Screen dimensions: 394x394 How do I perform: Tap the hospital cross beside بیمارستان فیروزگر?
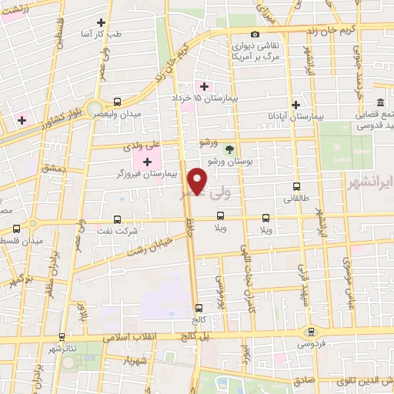point(147,161)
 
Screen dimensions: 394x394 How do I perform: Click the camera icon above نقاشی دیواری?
point(255,34)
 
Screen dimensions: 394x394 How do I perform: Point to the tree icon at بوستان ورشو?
point(229,149)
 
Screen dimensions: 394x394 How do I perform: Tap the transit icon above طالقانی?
point(297,185)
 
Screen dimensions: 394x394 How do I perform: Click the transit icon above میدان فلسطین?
point(18,229)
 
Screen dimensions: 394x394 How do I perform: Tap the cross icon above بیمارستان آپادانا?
point(295,105)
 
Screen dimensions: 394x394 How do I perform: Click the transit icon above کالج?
point(199,306)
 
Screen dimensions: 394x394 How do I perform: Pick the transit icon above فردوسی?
point(311,331)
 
